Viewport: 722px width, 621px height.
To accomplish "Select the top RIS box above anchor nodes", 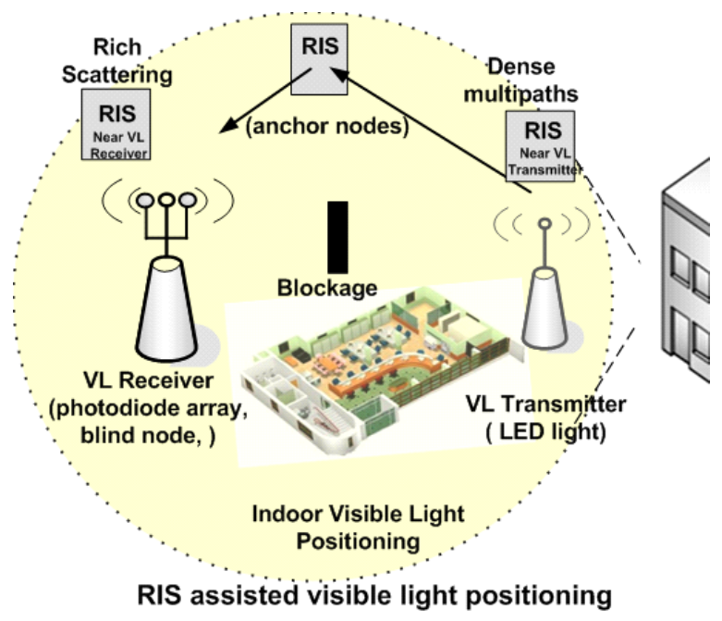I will pos(317,47).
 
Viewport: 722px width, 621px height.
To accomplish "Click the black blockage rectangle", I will pos(338,236).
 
